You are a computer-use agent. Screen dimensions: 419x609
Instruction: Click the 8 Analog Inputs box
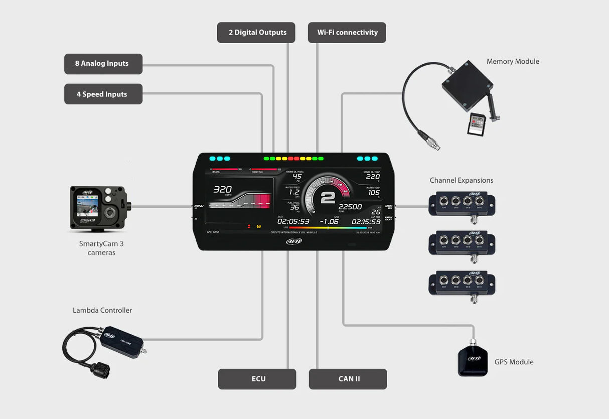pos(103,64)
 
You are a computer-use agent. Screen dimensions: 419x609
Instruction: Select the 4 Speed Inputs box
pos(103,94)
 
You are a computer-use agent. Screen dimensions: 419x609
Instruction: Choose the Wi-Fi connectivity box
pos(347,33)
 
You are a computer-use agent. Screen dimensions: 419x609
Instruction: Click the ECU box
pos(257,379)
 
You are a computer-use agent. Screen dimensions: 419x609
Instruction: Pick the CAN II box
pos(348,379)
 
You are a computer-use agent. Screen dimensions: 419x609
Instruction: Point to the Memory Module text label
pos(513,62)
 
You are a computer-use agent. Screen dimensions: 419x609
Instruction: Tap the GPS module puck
pos(473,360)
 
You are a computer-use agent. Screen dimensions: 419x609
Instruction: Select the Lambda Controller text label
pos(102,311)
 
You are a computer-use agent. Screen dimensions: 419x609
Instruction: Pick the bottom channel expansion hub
pos(462,283)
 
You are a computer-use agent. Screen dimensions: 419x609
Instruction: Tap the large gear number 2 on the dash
pos(328,197)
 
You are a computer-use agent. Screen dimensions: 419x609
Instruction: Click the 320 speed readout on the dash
pos(222,190)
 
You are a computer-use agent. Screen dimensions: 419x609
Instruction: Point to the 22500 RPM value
pos(350,207)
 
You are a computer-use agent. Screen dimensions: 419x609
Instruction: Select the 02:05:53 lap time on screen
pos(293,221)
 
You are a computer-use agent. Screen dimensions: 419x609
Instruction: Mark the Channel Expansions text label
pos(461,181)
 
